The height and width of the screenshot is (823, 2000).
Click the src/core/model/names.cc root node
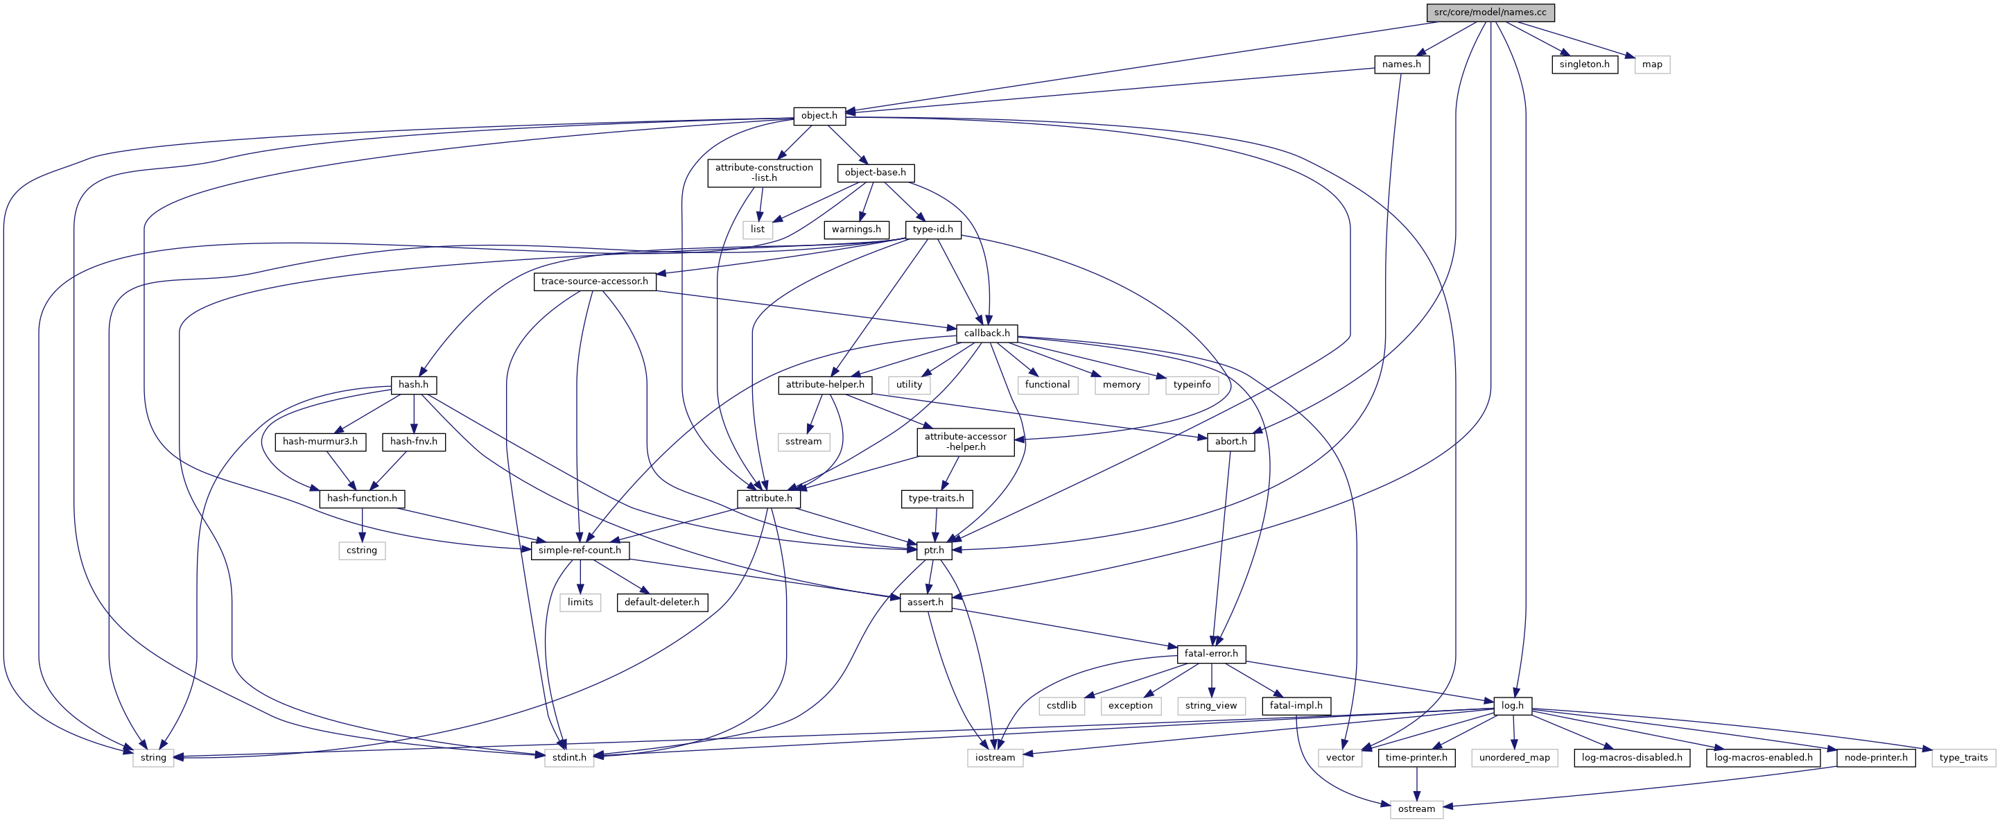(x=1490, y=12)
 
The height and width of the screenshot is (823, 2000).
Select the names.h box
(x=1402, y=64)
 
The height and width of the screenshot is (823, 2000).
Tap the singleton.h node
(x=1585, y=64)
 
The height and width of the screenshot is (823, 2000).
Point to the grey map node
(x=1652, y=64)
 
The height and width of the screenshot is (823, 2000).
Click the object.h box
(x=819, y=116)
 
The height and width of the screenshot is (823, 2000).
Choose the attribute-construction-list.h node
(x=764, y=173)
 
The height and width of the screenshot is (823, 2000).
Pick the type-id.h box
(x=932, y=229)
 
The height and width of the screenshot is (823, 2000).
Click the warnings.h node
(x=856, y=229)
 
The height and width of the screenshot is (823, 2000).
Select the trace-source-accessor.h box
(x=594, y=281)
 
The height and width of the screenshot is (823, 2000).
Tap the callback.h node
(x=986, y=333)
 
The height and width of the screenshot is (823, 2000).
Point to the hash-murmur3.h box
(x=320, y=442)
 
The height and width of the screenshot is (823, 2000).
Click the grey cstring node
(x=362, y=551)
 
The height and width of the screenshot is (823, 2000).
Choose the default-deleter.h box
(x=662, y=603)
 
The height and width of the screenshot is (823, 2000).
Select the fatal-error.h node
(x=1211, y=654)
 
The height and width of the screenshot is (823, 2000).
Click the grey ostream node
(x=1416, y=809)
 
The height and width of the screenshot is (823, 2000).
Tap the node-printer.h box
(x=1876, y=758)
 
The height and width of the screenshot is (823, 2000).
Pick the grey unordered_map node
(x=1514, y=758)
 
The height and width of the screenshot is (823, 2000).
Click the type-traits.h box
(x=937, y=499)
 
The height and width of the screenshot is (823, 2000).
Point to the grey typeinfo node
(x=1192, y=385)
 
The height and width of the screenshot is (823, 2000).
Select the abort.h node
(x=1231, y=442)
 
